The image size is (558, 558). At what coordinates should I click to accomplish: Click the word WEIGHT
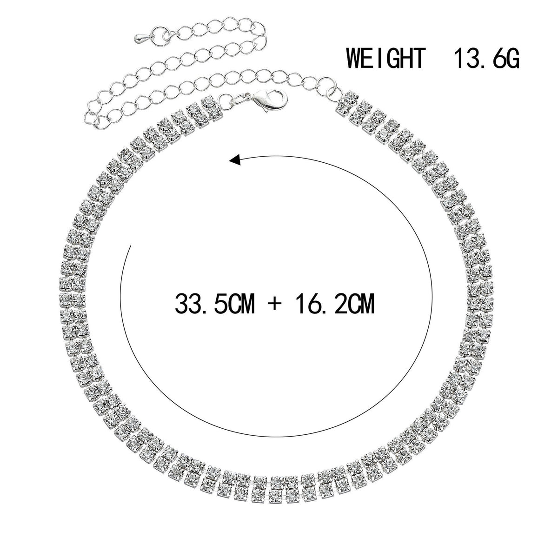pos(386,58)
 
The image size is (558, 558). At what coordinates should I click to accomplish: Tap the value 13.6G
pos(487,58)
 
